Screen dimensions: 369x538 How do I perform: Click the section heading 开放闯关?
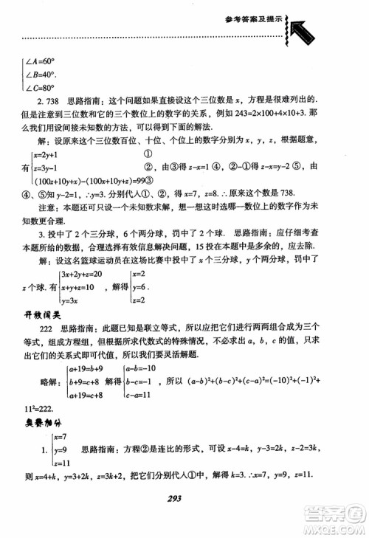coord(40,316)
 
